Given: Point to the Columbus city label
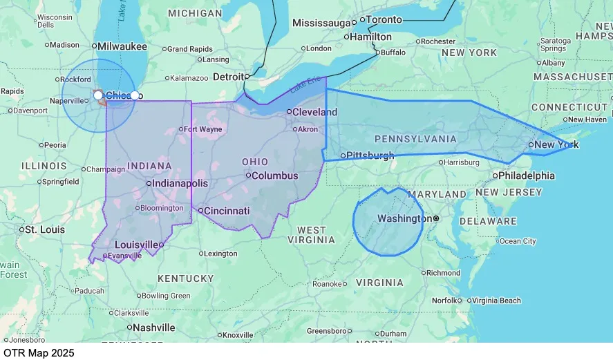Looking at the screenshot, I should pos(274,176).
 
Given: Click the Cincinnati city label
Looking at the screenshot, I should pos(226,210).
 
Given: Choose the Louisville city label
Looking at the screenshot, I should pos(136,245).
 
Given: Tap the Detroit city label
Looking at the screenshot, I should pos(227,77).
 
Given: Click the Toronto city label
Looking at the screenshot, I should pos(383,20).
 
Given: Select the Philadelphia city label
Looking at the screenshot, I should pos(526,176).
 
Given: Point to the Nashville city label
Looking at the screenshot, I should pos(153,328).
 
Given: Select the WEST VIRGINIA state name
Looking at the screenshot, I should pos(312,235).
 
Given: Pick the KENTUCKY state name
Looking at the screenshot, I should pos(186,278).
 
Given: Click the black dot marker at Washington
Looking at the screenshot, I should pos(436,218).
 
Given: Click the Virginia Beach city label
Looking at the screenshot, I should pos(497,301).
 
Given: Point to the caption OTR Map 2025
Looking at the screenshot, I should pos(38,352).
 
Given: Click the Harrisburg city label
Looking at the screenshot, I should pos(460,162).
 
